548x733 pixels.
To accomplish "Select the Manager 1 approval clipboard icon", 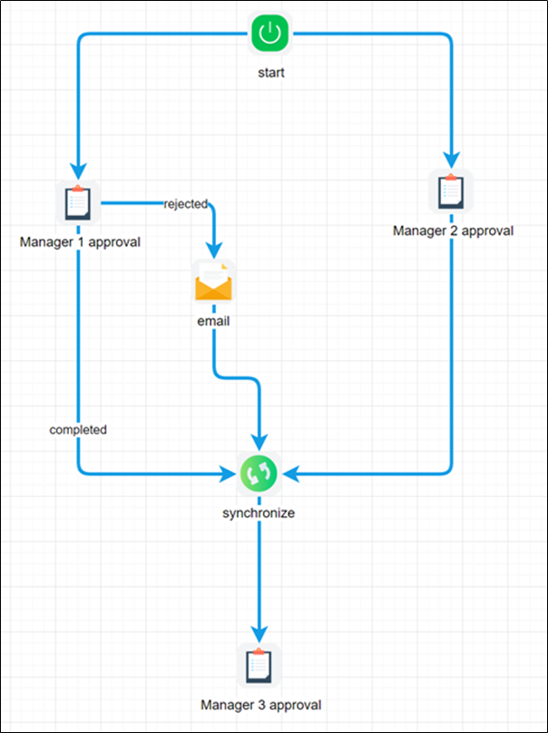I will click(x=78, y=202).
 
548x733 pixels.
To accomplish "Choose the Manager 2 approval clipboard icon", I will click(x=450, y=191).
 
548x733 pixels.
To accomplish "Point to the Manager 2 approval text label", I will click(x=453, y=230).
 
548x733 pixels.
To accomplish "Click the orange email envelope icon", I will click(x=214, y=282).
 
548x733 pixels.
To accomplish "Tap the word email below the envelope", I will click(x=213, y=321).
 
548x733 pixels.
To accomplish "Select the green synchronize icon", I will click(x=259, y=474).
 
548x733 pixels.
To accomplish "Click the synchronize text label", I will click(x=259, y=513).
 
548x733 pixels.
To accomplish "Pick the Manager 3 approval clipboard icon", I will click(x=259, y=666).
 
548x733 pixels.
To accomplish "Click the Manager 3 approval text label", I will click(x=260, y=704).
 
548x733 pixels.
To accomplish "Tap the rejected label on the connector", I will click(x=185, y=203).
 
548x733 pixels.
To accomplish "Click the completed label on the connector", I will click(x=78, y=429).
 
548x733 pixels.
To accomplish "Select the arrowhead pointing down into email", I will click(x=214, y=249).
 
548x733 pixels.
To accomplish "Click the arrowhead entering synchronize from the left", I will click(x=229, y=474).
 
